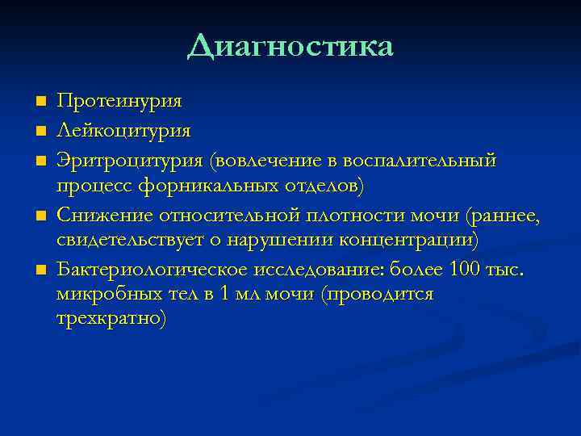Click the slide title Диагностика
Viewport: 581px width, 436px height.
click(x=290, y=46)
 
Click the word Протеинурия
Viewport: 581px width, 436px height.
click(x=119, y=101)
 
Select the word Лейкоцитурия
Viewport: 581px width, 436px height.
click(x=123, y=129)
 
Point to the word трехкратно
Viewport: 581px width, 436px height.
click(x=111, y=320)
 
